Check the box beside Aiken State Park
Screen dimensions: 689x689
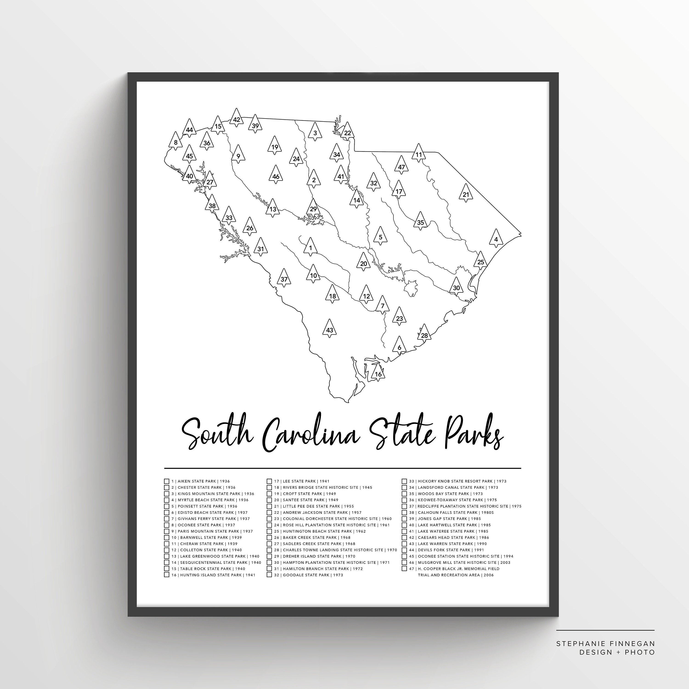pyautogui.click(x=167, y=481)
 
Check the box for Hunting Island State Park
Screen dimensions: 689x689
pyautogui.click(x=167, y=575)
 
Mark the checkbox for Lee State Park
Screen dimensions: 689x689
pyautogui.click(x=269, y=481)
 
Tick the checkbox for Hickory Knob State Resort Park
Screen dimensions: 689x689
pyautogui.click(x=404, y=481)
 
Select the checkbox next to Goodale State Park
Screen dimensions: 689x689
pyautogui.click(x=269, y=575)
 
